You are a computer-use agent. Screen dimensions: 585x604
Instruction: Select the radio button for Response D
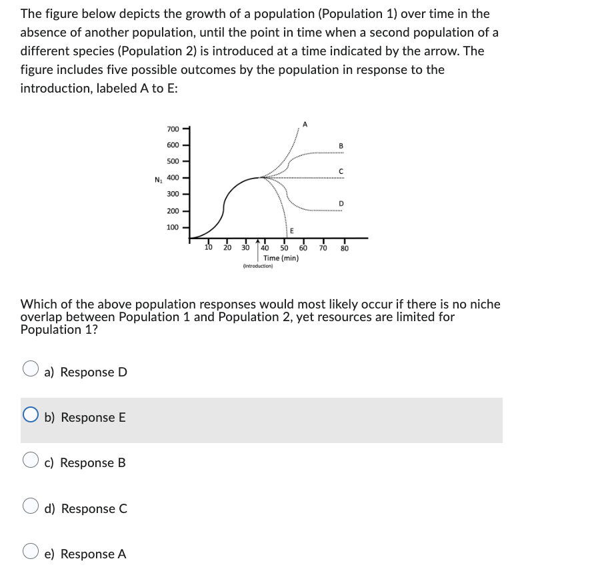tap(31, 371)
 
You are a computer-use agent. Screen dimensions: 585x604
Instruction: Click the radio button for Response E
tap(31, 417)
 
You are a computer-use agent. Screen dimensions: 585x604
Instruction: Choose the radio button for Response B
tap(31, 462)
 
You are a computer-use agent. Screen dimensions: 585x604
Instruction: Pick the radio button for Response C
tap(31, 508)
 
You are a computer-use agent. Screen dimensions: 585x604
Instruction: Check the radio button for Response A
tap(31, 554)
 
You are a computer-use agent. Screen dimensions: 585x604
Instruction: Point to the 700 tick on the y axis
tap(173, 129)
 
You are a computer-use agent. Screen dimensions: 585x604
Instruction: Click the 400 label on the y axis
tap(173, 178)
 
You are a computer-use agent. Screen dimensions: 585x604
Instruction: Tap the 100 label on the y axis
tap(173, 227)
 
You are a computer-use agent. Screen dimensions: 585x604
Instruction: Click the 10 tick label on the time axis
tap(208, 248)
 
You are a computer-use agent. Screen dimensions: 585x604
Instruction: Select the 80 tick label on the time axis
tap(344, 249)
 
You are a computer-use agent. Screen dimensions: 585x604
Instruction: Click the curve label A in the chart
tap(305, 123)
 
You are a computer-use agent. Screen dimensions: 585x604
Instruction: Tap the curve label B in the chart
tap(341, 146)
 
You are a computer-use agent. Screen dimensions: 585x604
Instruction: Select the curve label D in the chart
tap(341, 203)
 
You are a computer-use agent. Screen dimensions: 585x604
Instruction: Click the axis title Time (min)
tap(281, 258)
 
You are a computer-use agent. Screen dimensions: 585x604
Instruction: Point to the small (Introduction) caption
tap(258, 266)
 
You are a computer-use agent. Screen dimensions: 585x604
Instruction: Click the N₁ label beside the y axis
tap(158, 179)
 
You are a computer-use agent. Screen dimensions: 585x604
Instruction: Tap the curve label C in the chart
tap(341, 171)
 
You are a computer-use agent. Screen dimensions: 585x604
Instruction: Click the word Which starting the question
tap(40, 304)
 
